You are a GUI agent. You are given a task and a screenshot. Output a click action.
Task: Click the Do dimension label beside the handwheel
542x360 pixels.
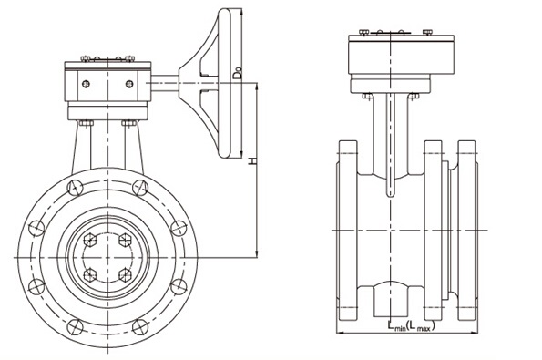pos(237,73)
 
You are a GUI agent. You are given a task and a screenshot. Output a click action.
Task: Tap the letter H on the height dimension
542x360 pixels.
pos(253,160)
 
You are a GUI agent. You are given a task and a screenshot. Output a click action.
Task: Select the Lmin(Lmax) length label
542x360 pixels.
pos(411,326)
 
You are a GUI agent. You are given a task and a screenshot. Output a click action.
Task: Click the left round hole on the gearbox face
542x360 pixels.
pos(86,84)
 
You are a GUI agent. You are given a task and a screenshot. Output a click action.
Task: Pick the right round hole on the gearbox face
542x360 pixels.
pos(129,84)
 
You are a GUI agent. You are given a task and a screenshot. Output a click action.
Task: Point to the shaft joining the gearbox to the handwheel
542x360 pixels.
pos(165,83)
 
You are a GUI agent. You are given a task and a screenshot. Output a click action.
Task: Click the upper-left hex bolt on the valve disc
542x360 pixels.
pos(90,240)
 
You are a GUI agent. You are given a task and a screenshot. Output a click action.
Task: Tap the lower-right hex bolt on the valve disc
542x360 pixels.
pos(125,275)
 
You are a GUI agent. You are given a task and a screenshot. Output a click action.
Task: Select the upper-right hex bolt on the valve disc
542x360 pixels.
pos(125,240)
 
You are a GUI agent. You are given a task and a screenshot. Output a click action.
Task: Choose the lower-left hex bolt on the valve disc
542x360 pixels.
pos(90,275)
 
